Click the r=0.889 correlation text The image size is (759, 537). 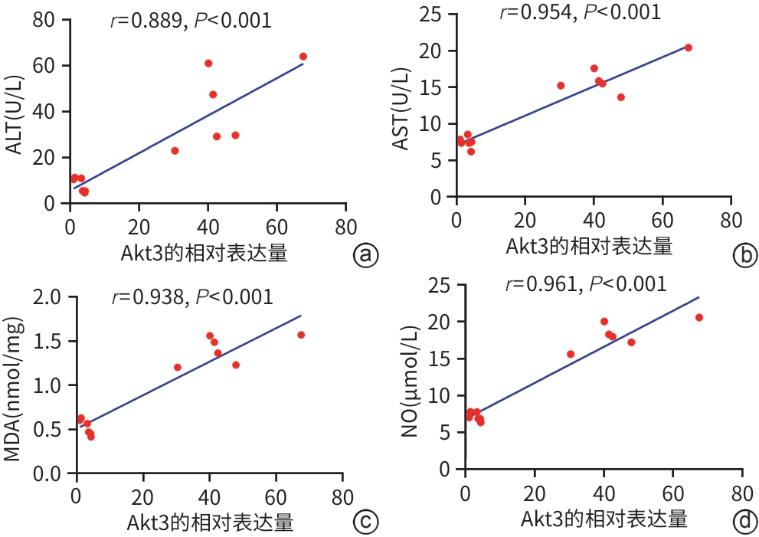tap(191, 20)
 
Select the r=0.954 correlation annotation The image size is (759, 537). tap(580, 11)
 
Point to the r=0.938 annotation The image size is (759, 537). tap(192, 296)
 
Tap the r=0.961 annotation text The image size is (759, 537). tap(586, 284)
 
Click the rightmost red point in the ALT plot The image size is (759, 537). tap(303, 57)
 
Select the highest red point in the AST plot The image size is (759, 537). tap(688, 47)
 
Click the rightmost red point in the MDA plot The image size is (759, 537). tap(301, 335)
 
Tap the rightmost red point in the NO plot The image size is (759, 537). tap(698, 317)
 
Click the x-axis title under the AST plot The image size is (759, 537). tap(589, 247)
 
